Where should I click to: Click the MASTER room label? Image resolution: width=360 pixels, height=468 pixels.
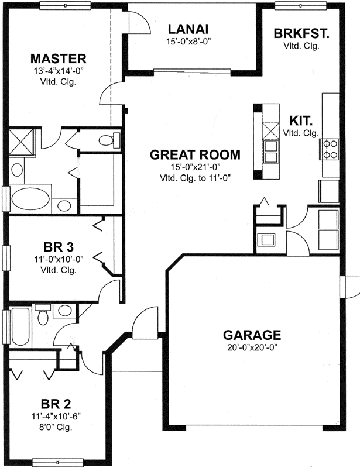pyautogui.click(x=59, y=58)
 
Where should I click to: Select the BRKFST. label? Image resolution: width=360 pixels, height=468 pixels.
pyautogui.click(x=301, y=33)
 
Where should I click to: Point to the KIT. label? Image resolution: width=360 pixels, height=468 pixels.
pyautogui.click(x=301, y=121)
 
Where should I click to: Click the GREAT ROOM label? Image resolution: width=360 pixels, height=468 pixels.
pyautogui.click(x=195, y=155)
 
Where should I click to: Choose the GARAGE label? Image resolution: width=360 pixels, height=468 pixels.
pyautogui.click(x=252, y=335)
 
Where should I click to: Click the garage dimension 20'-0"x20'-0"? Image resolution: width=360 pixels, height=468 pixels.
pyautogui.click(x=252, y=347)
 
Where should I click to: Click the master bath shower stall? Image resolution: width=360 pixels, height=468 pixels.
pyautogui.click(x=22, y=142)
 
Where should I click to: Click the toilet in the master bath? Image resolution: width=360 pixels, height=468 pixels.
pyautogui.click(x=106, y=140)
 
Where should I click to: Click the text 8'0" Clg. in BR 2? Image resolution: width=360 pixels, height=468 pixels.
pyautogui.click(x=57, y=426)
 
